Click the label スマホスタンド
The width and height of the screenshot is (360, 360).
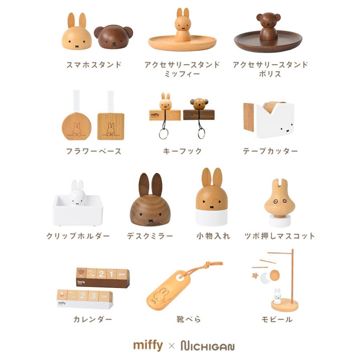[x=94, y=65]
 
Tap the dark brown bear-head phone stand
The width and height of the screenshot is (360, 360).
[x=113, y=37]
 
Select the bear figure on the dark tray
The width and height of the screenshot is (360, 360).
[x=268, y=26]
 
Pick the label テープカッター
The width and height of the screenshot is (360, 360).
[x=270, y=151]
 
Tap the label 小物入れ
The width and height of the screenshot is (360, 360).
[x=213, y=236]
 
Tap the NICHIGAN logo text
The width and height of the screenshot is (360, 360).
[x=207, y=346]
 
